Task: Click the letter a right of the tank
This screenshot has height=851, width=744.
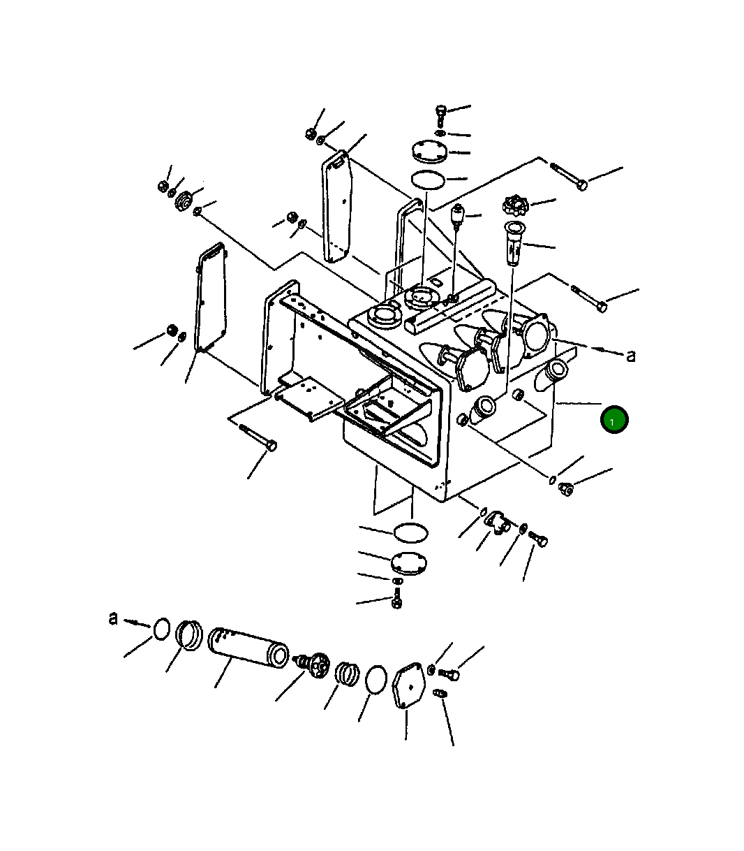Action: coord(631,356)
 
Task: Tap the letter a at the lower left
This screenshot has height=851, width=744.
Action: coord(113,618)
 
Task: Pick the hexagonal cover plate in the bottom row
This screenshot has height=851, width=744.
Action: coord(408,688)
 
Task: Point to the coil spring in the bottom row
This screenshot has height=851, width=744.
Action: coord(346,674)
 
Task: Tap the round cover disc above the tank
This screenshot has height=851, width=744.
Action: coord(427,152)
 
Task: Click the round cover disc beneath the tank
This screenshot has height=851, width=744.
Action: coord(410,562)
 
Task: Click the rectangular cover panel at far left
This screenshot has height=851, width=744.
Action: coord(210,297)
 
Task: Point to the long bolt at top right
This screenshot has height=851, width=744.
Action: coord(569,176)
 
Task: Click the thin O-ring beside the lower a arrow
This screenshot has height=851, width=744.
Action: coord(161,628)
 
